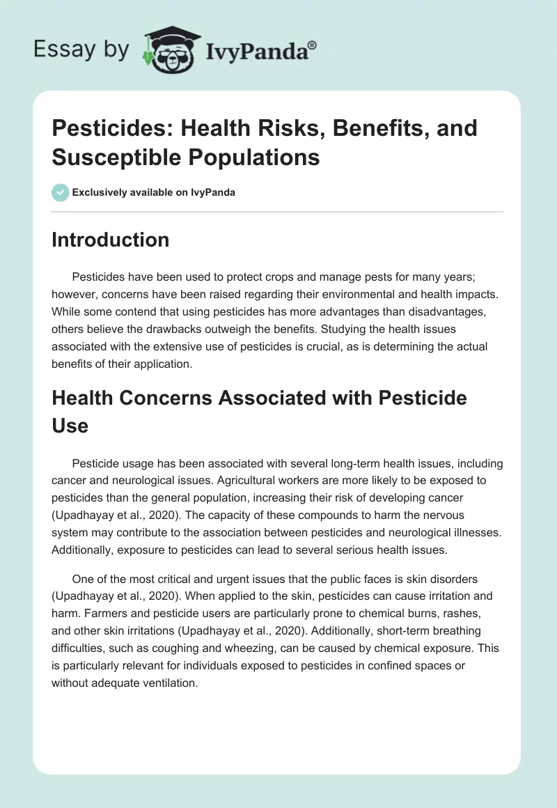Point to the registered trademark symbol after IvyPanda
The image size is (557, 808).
click(x=313, y=44)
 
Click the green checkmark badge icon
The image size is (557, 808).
click(x=60, y=192)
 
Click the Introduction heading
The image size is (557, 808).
click(x=110, y=240)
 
